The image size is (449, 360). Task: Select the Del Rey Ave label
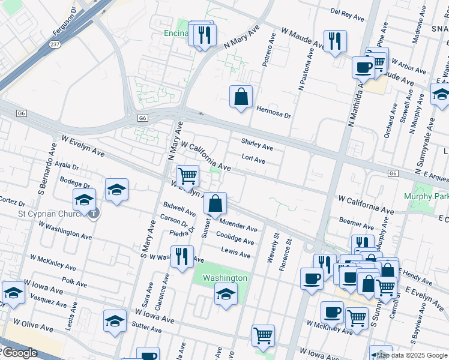[348, 11]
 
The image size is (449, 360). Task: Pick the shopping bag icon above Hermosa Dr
[241, 97]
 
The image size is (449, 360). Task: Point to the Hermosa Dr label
[273, 112]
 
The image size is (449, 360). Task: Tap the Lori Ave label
[253, 159]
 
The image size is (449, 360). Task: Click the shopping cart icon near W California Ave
[188, 176]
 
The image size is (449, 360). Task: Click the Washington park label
[224, 278]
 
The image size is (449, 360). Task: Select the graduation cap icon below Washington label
[226, 294]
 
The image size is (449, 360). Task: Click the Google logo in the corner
[19, 353]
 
